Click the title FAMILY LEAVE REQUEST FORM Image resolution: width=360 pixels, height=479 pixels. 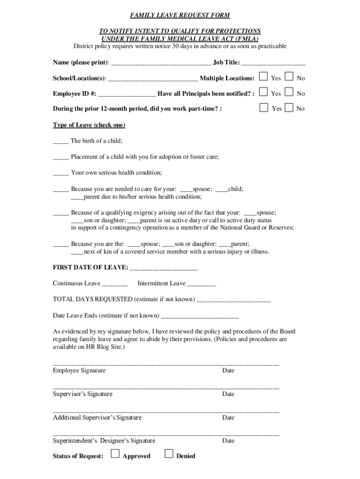point(180,15)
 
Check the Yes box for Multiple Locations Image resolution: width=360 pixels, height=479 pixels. point(264,77)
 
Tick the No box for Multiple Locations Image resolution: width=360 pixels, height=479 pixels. point(289,77)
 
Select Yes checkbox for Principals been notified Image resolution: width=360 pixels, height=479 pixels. point(264,92)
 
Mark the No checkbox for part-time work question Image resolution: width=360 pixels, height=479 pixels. point(289,108)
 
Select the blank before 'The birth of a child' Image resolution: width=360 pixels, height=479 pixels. point(61,141)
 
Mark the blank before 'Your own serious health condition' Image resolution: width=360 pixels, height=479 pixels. point(61,173)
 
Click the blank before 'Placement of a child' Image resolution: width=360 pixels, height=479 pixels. point(61,157)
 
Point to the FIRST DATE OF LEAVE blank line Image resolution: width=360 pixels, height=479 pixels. point(164,268)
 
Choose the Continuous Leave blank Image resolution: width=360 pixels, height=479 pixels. point(115,284)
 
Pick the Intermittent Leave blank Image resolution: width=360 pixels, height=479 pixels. point(202,284)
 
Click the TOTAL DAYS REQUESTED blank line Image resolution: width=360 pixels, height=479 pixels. point(234,300)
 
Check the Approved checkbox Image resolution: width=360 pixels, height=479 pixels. point(115,453)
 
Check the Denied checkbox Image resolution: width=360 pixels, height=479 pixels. point(169,453)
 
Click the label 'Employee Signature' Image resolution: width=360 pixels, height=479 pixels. point(79,370)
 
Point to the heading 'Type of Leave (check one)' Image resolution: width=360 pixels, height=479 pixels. point(89,125)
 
